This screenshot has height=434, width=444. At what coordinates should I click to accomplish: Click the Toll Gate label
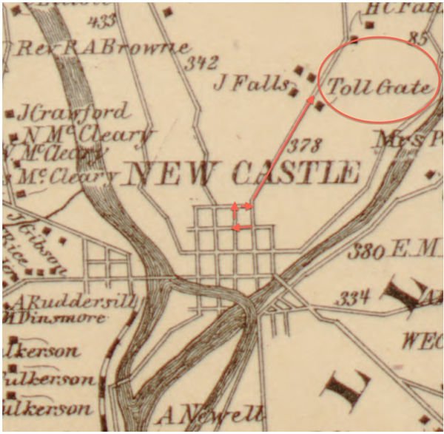tap(379, 88)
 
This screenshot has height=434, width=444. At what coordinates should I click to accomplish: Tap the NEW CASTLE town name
tap(243, 173)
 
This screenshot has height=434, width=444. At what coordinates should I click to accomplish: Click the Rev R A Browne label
tap(104, 48)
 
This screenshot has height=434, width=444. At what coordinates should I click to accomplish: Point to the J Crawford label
tap(75, 113)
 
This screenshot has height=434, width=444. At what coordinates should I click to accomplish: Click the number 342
tap(201, 64)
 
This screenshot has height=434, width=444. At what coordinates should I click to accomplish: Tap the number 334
tap(353, 299)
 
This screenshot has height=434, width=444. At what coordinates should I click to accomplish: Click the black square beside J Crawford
tap(10, 115)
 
